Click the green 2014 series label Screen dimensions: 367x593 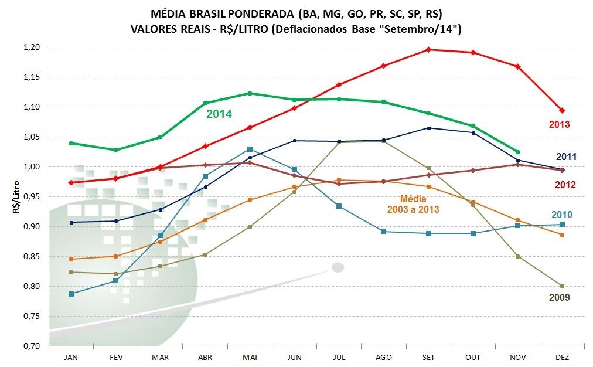(x=219, y=114)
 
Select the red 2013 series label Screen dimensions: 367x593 (x=559, y=124)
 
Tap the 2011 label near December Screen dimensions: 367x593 (x=567, y=157)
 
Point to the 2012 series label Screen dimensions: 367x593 (x=567, y=185)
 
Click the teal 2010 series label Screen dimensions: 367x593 (x=561, y=215)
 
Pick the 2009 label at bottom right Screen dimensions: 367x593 (x=559, y=297)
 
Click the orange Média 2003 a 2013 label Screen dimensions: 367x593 (x=413, y=204)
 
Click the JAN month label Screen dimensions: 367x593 (x=71, y=357)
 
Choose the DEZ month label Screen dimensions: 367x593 (x=562, y=357)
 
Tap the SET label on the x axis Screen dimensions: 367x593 (x=428, y=357)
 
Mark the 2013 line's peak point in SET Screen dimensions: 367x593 (x=428, y=49)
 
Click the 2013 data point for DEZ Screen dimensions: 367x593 (x=562, y=110)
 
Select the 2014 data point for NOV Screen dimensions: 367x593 (x=517, y=152)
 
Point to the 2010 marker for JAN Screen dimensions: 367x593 (x=71, y=294)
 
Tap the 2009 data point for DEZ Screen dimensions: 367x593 (x=562, y=286)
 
